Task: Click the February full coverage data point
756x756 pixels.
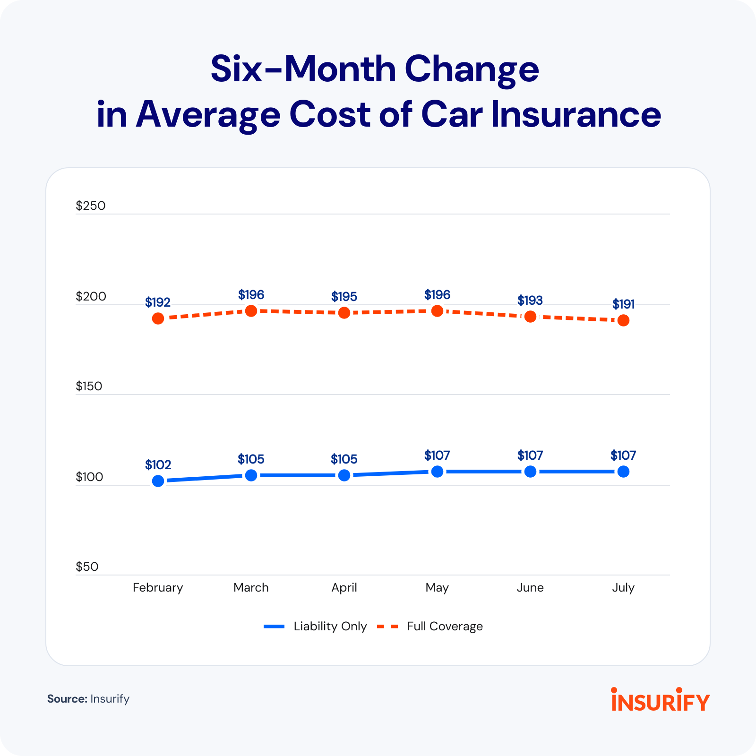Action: point(158,318)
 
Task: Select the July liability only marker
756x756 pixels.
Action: point(623,472)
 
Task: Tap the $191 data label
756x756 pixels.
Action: point(623,304)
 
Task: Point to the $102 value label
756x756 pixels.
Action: point(158,465)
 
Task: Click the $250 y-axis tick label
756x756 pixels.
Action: point(91,206)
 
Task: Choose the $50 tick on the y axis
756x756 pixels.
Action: point(87,567)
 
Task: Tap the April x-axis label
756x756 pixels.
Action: point(344,588)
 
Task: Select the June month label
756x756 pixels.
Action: point(530,588)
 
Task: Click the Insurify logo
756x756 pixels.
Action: point(660,700)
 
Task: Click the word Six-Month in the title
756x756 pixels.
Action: point(302,69)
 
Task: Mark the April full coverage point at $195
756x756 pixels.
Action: point(344,313)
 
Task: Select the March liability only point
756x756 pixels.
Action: point(251,475)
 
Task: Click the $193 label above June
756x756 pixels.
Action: point(530,301)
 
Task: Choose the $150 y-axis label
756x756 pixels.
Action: point(89,387)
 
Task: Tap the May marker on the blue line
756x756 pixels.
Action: point(438,472)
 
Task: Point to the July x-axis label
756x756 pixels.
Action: point(623,588)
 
